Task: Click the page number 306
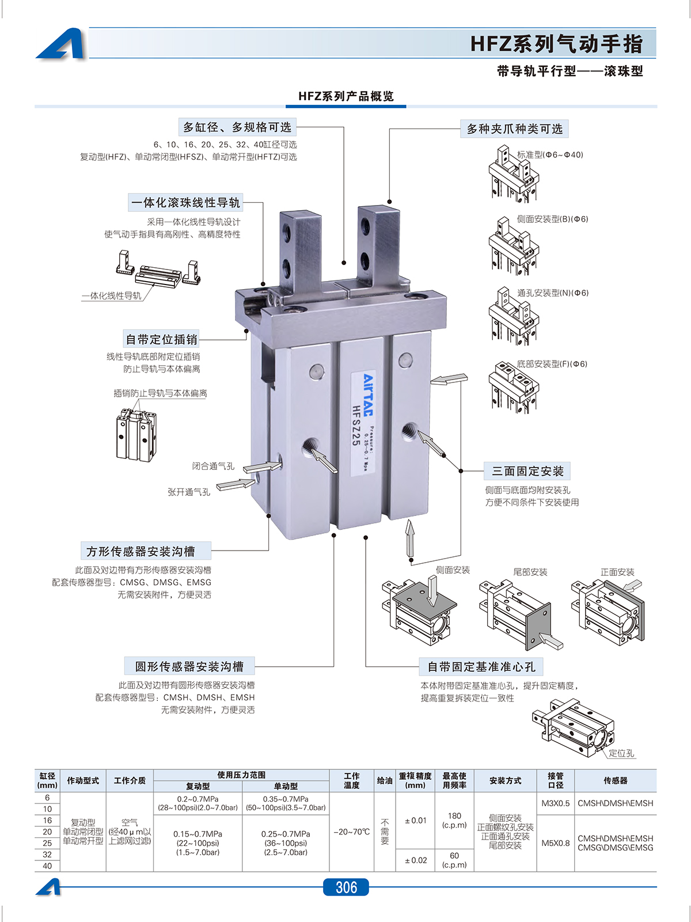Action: [346, 887]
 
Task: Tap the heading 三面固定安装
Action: [527, 471]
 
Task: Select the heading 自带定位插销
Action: [162, 339]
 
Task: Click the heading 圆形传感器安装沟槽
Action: [189, 666]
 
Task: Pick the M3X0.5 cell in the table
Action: [555, 803]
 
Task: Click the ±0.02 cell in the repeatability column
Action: [415, 860]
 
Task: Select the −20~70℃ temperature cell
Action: [351, 832]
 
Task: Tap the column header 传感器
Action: [615, 780]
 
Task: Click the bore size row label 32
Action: [47, 855]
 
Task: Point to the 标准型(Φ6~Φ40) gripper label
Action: [550, 154]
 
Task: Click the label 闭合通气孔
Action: [213, 466]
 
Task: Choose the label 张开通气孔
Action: [189, 492]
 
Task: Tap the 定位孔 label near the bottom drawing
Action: [621, 753]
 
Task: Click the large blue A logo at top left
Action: [62, 44]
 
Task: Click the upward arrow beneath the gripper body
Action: [410, 538]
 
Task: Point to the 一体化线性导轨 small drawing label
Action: [112, 295]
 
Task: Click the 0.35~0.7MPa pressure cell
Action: [286, 803]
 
